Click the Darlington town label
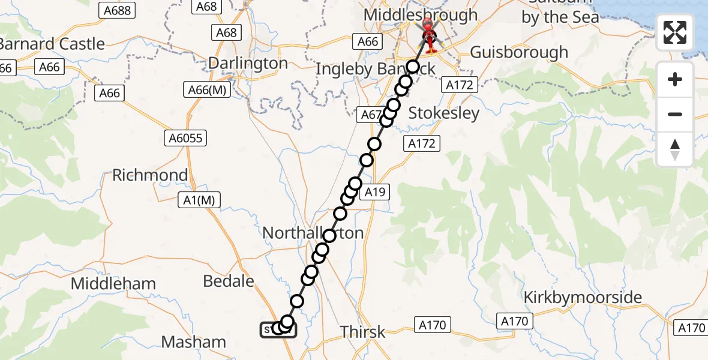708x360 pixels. coord(248,63)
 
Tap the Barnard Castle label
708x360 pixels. coord(53,44)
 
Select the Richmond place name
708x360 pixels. coord(150,175)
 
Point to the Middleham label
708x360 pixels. coord(113,283)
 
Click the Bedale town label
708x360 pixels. coord(229,280)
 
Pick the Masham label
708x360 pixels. coord(194,342)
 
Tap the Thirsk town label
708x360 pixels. coord(362,331)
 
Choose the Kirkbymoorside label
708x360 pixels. coord(583,297)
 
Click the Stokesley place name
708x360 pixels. coord(443,113)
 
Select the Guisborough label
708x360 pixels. coord(519,52)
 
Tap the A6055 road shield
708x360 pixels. coord(185,139)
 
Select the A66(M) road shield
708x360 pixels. coord(206,90)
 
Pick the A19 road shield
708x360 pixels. coord(374,192)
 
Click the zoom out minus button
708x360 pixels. coord(675,114)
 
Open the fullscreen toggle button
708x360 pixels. coord(675,32)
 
